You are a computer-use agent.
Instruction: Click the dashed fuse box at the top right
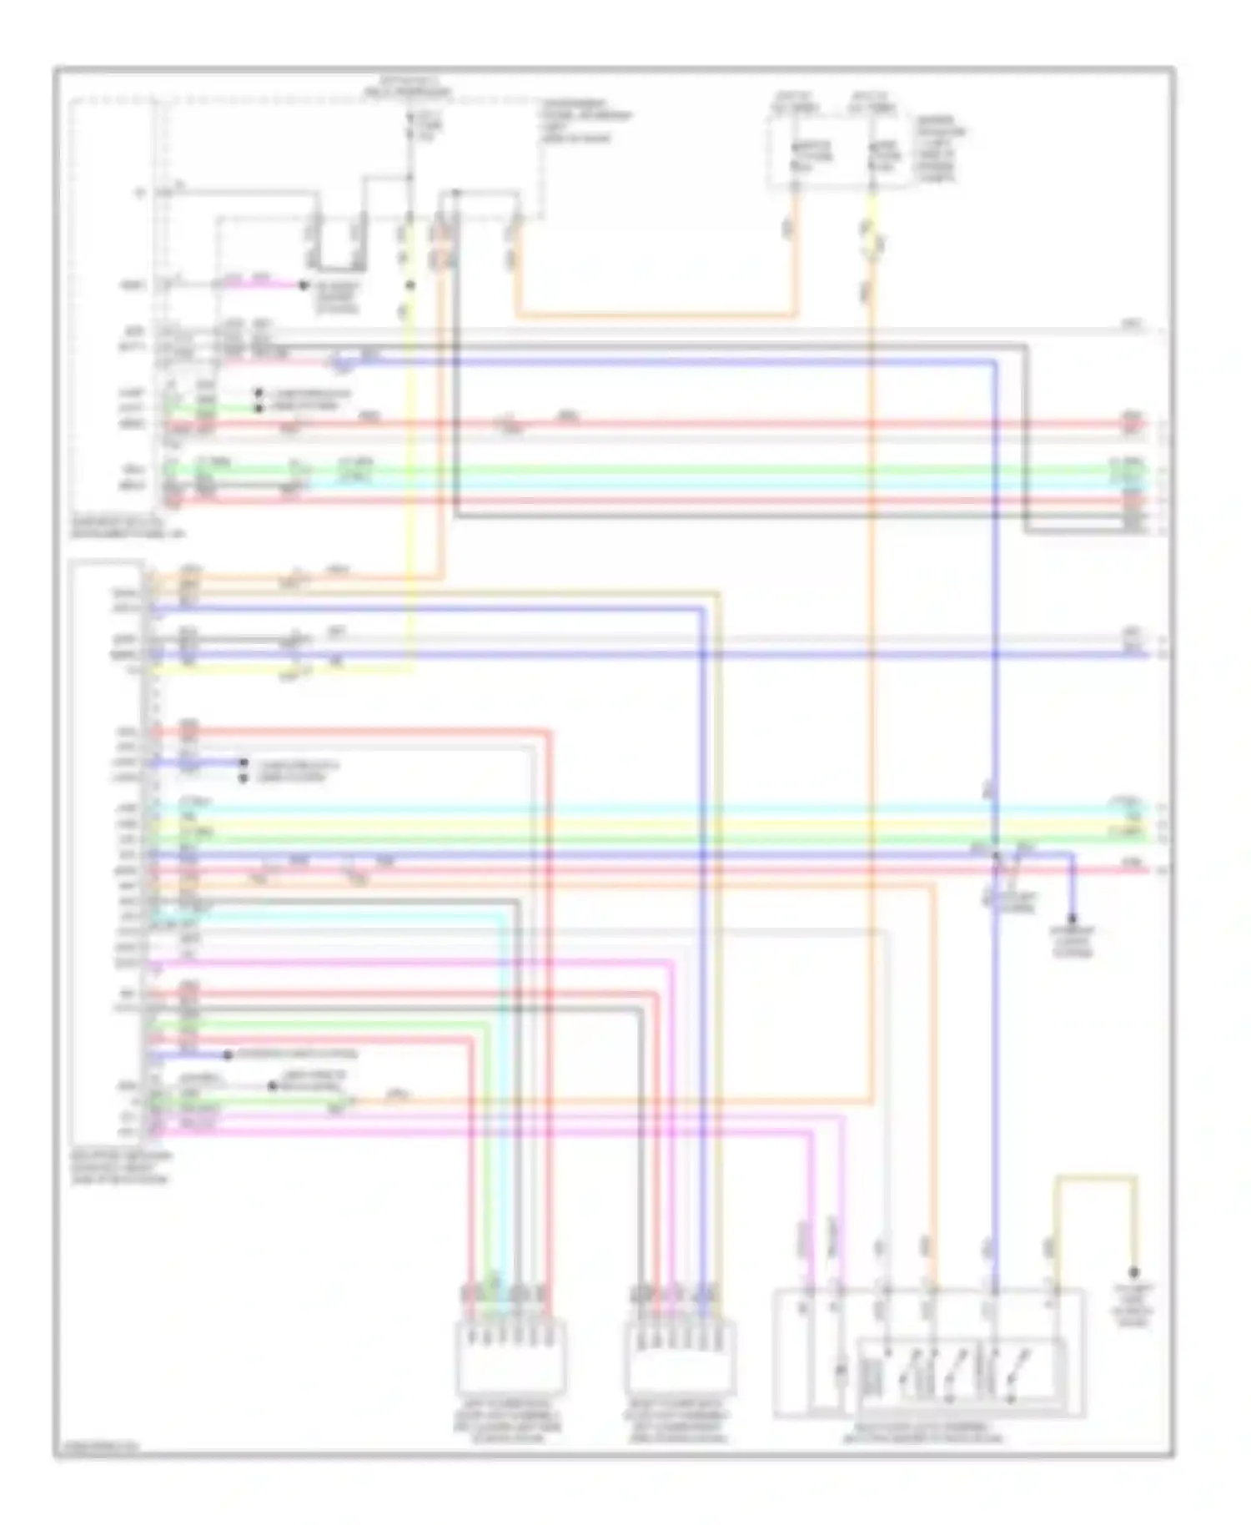click(837, 151)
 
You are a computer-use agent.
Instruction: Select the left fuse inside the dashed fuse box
click(798, 155)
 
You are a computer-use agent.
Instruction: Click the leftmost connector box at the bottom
click(509, 1355)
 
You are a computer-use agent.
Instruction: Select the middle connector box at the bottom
click(680, 1355)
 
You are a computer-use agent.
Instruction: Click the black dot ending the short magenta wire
click(304, 285)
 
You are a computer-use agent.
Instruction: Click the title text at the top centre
click(414, 87)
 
